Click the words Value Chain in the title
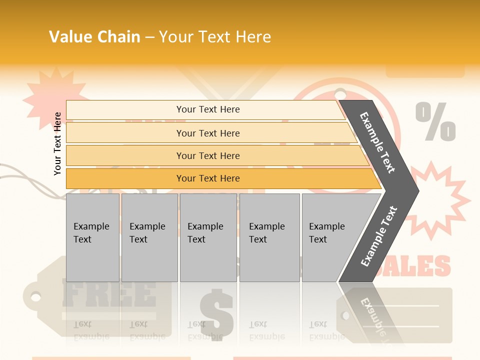click(94, 37)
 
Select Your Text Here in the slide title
click(215, 37)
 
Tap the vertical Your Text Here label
click(58, 143)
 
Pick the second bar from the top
click(208, 133)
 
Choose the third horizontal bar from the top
click(208, 155)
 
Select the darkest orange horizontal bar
click(208, 178)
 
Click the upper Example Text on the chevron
click(377, 142)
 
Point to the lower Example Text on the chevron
click(378, 236)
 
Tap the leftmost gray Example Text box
click(92, 237)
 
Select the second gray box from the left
click(149, 237)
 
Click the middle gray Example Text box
click(208, 237)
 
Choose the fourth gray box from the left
click(269, 237)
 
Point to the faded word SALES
click(425, 266)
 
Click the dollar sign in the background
click(216, 312)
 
